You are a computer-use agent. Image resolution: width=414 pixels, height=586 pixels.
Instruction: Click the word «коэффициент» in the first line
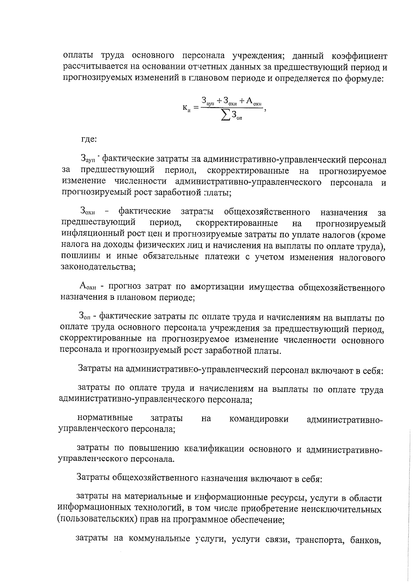[359, 56]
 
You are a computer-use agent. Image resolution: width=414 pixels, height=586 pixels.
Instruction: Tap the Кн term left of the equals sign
[186, 109]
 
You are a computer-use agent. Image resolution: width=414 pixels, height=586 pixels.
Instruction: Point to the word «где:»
[89, 140]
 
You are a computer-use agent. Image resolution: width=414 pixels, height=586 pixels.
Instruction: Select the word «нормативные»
[105, 418]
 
